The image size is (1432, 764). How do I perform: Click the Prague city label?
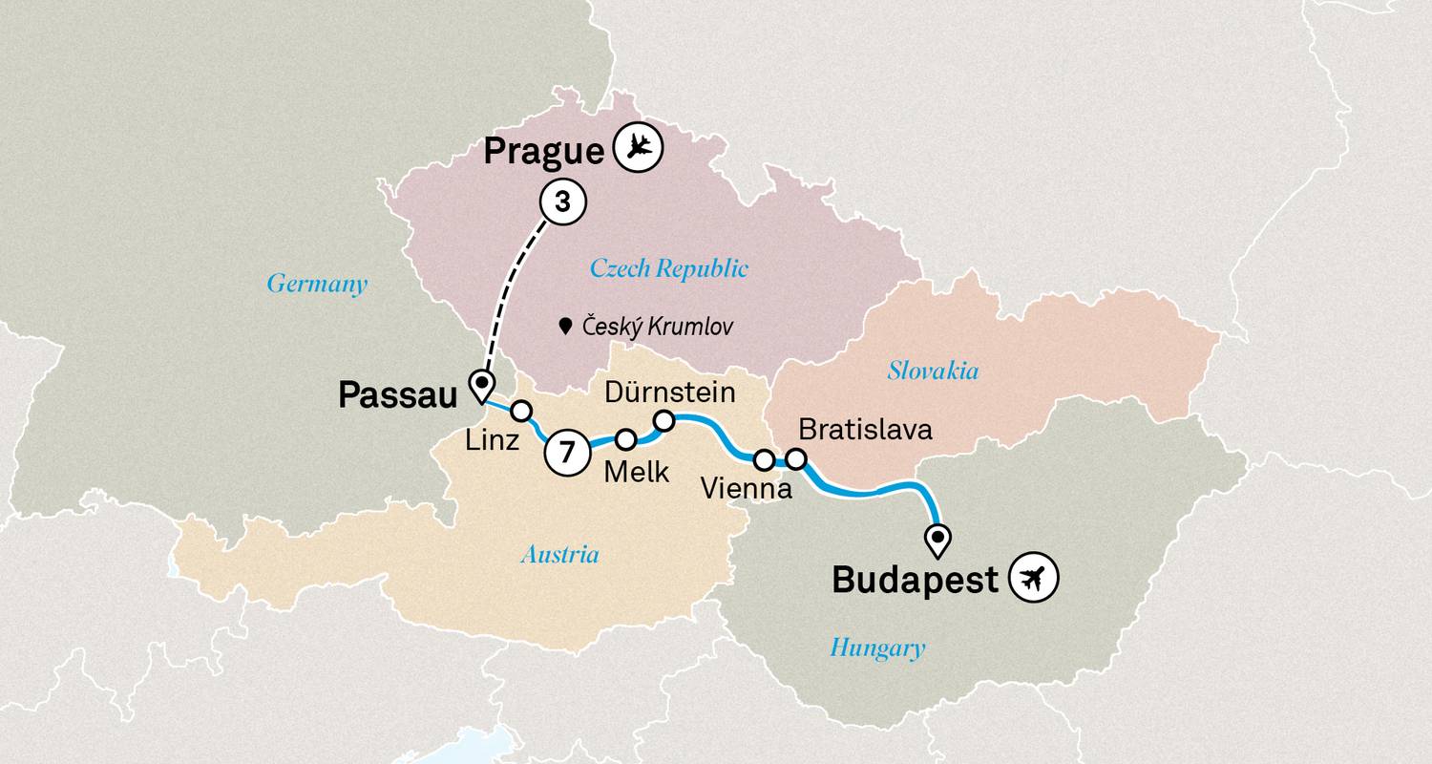[x=544, y=152]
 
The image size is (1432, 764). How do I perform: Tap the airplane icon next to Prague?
[x=638, y=148]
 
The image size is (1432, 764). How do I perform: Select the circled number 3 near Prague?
[x=562, y=202]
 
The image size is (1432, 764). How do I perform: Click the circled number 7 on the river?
[x=565, y=453]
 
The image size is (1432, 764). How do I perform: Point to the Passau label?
[x=397, y=396]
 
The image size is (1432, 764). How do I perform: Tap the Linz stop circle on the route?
[x=521, y=412]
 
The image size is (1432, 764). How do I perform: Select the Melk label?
[x=637, y=472]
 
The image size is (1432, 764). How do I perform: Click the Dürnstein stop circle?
[x=663, y=420]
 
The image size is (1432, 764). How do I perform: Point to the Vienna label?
[x=746, y=489]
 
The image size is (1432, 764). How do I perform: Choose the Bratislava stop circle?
[x=795, y=460]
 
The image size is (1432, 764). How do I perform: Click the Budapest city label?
[x=915, y=580]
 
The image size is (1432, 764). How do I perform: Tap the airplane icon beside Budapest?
[x=1034, y=578]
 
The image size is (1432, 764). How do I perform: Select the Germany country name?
[x=316, y=284]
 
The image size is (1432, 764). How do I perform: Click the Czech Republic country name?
[x=668, y=268]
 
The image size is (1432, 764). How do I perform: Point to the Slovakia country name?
[x=933, y=371]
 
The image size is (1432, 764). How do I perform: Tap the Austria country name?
[x=559, y=554]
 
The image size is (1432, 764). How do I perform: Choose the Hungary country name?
[x=877, y=649]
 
